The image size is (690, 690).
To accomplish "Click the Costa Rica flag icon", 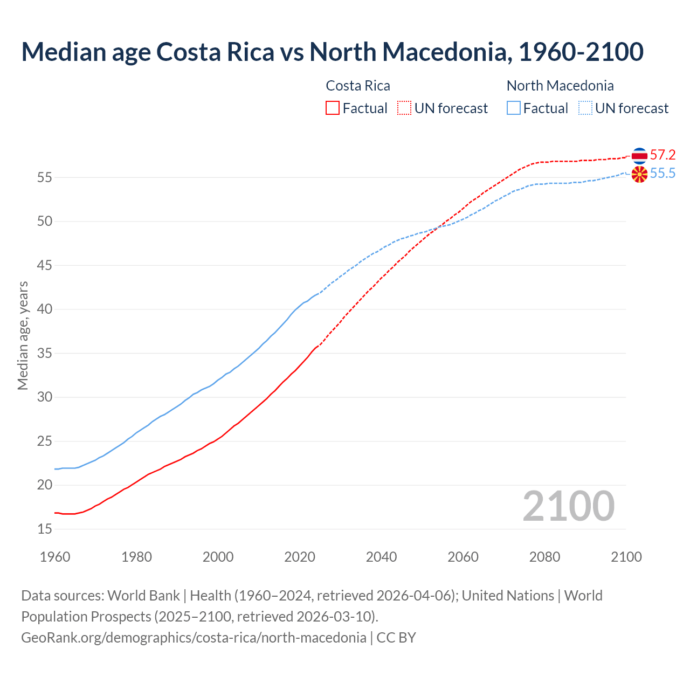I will point(639,155).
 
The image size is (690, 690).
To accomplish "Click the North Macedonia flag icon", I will point(639,174).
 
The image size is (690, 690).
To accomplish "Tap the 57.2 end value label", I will point(663,155).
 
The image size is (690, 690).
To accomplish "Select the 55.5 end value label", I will point(663,174).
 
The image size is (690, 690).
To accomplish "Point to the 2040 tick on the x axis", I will point(381,557).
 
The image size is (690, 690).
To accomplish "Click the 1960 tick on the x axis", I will point(55,557).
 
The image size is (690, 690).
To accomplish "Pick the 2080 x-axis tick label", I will point(544,557).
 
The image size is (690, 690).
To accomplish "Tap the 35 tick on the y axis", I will point(45,354).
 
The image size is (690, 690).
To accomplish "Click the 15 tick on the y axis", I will point(45,529).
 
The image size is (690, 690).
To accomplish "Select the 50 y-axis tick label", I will point(45,222).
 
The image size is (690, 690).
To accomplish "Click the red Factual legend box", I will point(333,108).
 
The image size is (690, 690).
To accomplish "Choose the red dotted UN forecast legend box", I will point(404,108).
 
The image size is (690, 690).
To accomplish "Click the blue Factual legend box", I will point(514,108).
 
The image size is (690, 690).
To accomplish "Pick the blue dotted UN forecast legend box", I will point(585,108).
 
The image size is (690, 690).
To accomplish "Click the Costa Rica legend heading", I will point(358,86).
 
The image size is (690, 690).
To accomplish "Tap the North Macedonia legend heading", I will point(560,86).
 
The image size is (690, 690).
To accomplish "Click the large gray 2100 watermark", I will point(568,506).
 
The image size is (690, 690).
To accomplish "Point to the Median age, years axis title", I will point(23,335).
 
